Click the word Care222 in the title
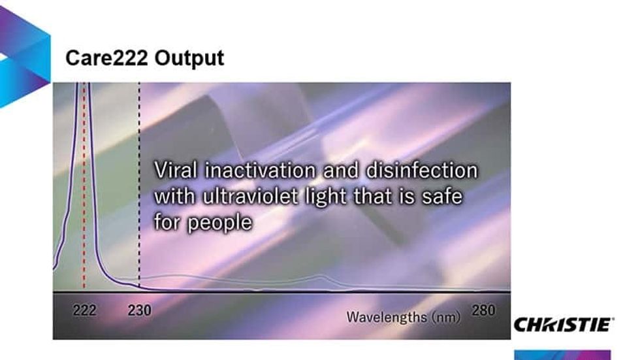pyautogui.click(x=106, y=58)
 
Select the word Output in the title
pyautogui.click(x=189, y=58)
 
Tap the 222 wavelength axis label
pyautogui.click(x=84, y=311)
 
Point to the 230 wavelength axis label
pyautogui.click(x=139, y=311)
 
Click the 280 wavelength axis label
pyautogui.click(x=483, y=310)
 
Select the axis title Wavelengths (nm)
pyautogui.click(x=403, y=318)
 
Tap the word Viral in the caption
pyautogui.click(x=176, y=171)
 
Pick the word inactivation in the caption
pyautogui.click(x=262, y=171)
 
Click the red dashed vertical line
pyautogui.click(x=84, y=196)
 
